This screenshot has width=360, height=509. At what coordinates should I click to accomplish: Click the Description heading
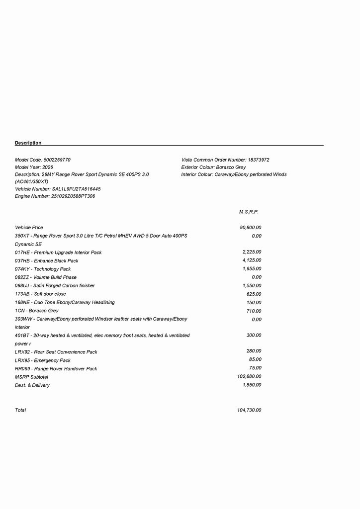[28, 143]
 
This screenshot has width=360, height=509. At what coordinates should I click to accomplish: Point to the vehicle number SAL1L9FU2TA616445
[76, 189]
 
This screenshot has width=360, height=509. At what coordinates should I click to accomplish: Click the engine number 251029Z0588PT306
[73, 196]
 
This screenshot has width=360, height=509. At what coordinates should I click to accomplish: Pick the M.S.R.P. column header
[249, 212]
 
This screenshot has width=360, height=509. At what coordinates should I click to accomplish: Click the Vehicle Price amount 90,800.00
[251, 228]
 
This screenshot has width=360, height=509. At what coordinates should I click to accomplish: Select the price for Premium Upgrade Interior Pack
[252, 252]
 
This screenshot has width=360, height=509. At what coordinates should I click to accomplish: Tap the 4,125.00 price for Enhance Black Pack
[252, 260]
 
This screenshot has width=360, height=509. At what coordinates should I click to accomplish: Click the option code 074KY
[22, 269]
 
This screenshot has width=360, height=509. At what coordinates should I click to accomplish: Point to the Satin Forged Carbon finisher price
[252, 286]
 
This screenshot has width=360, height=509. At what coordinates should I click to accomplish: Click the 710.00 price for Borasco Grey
[254, 311]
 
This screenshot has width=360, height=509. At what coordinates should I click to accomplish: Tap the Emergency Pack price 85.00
[255, 359]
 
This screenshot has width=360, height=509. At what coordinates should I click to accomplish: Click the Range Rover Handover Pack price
[255, 368]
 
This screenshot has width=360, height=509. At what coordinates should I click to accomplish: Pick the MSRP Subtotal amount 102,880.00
[250, 377]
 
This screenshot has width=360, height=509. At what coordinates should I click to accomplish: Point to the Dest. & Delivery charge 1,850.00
[252, 385]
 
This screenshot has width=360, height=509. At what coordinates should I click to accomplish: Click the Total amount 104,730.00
[250, 410]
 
